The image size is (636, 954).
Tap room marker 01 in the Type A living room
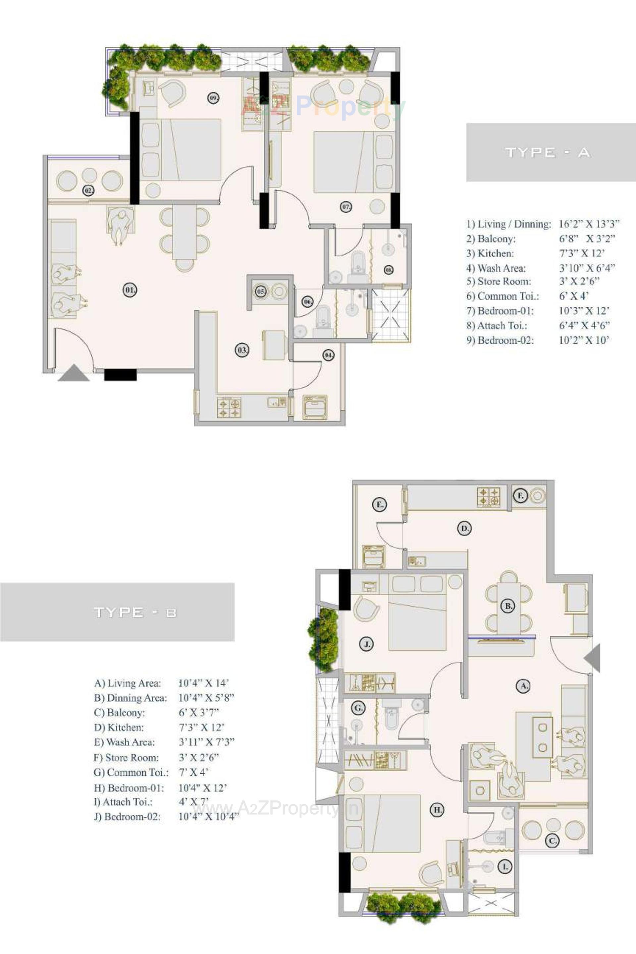click(x=130, y=290)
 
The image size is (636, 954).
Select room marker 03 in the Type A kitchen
click(x=242, y=350)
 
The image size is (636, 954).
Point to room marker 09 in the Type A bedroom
click(x=214, y=98)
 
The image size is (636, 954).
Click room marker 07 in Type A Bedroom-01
click(x=345, y=207)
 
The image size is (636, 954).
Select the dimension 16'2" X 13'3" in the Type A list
click(x=589, y=224)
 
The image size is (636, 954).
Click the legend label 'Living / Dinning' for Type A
click(x=509, y=224)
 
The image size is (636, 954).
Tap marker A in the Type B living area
click(x=523, y=686)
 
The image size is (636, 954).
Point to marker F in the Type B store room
click(x=520, y=496)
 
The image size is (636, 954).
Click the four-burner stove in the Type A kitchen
click(x=229, y=408)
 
